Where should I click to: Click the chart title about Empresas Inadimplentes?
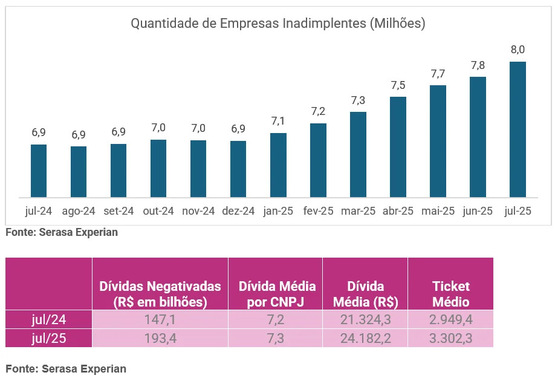pos(278,24)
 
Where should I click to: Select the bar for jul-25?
pos(518,129)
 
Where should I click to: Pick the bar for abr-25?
pos(398,147)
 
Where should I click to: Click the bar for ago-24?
pos(79,172)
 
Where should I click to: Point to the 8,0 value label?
pos(518,50)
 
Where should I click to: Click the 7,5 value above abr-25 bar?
pos(398,85)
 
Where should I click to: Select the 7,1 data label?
pos(278,121)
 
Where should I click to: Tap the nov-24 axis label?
pos(198,211)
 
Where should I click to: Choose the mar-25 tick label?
pos(358,211)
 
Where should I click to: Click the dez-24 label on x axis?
pos(238,211)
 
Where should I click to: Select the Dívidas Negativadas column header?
pos(160,294)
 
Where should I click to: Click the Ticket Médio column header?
pos(451,294)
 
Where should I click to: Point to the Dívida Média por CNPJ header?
pos(276,294)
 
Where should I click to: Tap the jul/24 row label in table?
pos(49,319)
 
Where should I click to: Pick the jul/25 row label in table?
pos(49,339)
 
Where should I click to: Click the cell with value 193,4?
pos(160,339)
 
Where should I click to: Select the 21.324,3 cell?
pos(365,319)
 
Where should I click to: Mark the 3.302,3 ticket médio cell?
pos(451,339)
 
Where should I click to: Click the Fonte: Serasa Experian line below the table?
pos(66,368)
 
